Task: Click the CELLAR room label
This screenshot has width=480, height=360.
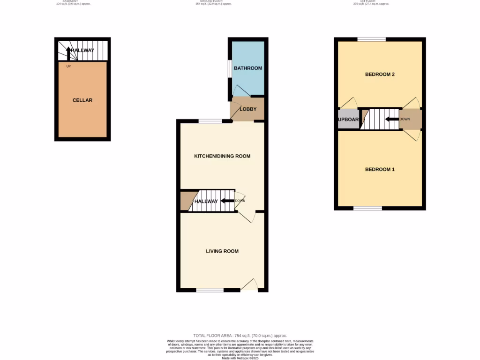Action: pyautogui.click(x=82, y=100)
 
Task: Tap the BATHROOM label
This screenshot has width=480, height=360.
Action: pyautogui.click(x=248, y=68)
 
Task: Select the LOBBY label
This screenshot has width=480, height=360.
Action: pyautogui.click(x=248, y=109)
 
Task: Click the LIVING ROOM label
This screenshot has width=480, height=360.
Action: pyautogui.click(x=222, y=251)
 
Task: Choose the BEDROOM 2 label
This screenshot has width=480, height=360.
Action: pyautogui.click(x=380, y=75)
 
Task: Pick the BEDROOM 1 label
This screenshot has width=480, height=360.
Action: pyautogui.click(x=380, y=169)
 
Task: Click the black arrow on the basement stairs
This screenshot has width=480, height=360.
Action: pyautogui.click(x=68, y=53)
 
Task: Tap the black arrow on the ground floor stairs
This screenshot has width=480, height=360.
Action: pyautogui.click(x=227, y=201)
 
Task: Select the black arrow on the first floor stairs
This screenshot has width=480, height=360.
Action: pyautogui.click(x=391, y=119)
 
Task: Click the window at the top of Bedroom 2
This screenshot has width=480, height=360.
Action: pyautogui.click(x=372, y=39)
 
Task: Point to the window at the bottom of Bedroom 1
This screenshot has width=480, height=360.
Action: pyautogui.click(x=367, y=208)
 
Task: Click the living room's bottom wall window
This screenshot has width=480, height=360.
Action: pyautogui.click(x=210, y=290)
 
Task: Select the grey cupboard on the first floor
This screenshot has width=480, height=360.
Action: pyautogui.click(x=348, y=120)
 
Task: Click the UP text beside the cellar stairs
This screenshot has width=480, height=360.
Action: pyautogui.click(x=68, y=66)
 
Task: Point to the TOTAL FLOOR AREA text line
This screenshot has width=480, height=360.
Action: pyautogui.click(x=240, y=336)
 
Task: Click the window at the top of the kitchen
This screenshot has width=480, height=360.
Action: pyautogui.click(x=210, y=121)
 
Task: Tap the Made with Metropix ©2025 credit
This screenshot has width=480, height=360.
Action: pyautogui.click(x=240, y=357)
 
